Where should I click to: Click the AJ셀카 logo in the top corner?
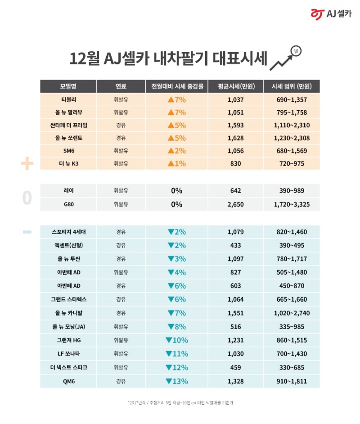click(x=331, y=14)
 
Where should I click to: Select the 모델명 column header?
click(x=68, y=86)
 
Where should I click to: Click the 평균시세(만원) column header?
click(x=235, y=86)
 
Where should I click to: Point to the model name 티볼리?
click(x=68, y=100)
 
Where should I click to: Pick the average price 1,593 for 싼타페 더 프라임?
click(x=235, y=125)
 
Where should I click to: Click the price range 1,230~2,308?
click(x=292, y=138)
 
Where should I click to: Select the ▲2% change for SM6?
click(x=176, y=151)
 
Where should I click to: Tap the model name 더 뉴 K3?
click(x=68, y=163)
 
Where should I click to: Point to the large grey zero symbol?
click(x=27, y=198)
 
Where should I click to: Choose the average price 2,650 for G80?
click(x=235, y=204)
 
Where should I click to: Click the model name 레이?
click(x=68, y=191)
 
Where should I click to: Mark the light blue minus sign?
click(x=27, y=232)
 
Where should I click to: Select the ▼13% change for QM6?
click(x=176, y=381)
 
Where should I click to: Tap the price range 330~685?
click(x=292, y=368)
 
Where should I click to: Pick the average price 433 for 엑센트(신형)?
click(x=235, y=245)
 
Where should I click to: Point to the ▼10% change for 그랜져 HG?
click(x=176, y=340)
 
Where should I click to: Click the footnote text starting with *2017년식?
click(x=180, y=402)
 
